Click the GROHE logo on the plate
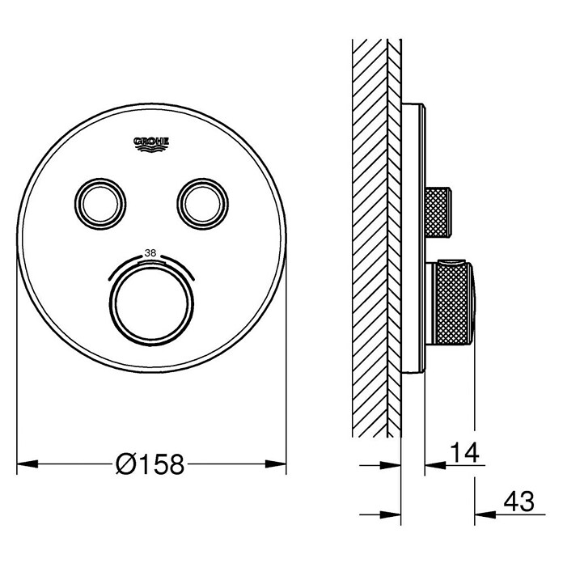[151, 144]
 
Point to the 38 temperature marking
[150, 253]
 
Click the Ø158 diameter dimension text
[150, 464]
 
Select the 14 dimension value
[464, 452]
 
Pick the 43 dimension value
[519, 502]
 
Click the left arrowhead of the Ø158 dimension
[28, 464]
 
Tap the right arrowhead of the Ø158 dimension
[276, 464]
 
